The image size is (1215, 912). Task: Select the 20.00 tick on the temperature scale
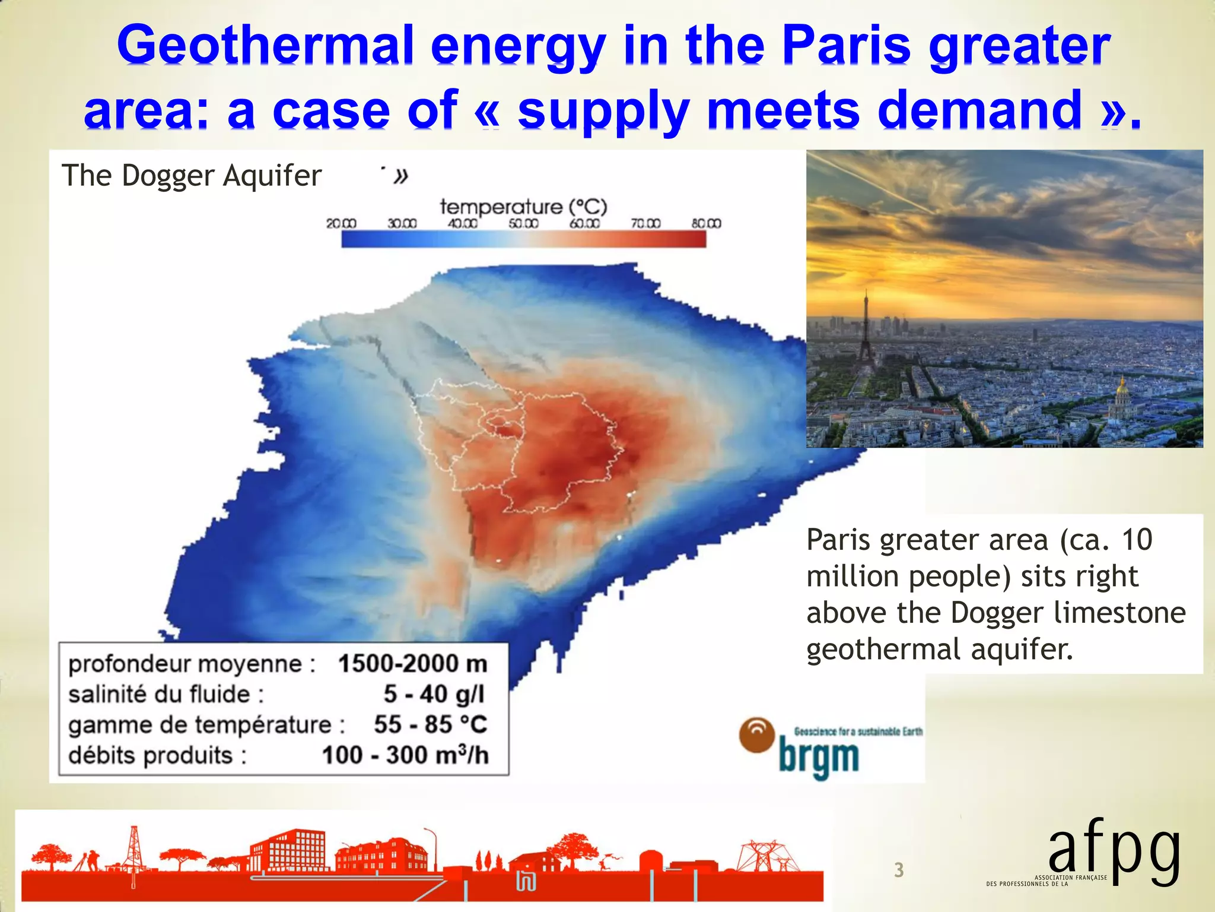pos(341,224)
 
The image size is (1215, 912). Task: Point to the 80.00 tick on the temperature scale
pos(706,224)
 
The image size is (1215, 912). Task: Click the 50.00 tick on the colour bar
pos(523,224)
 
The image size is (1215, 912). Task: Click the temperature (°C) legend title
pos(523,207)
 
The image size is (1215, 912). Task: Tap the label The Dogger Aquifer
pos(191,176)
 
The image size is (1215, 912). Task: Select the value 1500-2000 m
pos(412,664)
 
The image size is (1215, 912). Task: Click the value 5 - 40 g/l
pos(434,694)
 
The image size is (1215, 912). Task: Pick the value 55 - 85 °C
pos(430,724)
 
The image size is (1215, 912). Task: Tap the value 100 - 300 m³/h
pos(405,755)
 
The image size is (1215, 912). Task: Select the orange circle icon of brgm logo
pos(756,735)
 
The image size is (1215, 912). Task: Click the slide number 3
pos(899,870)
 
